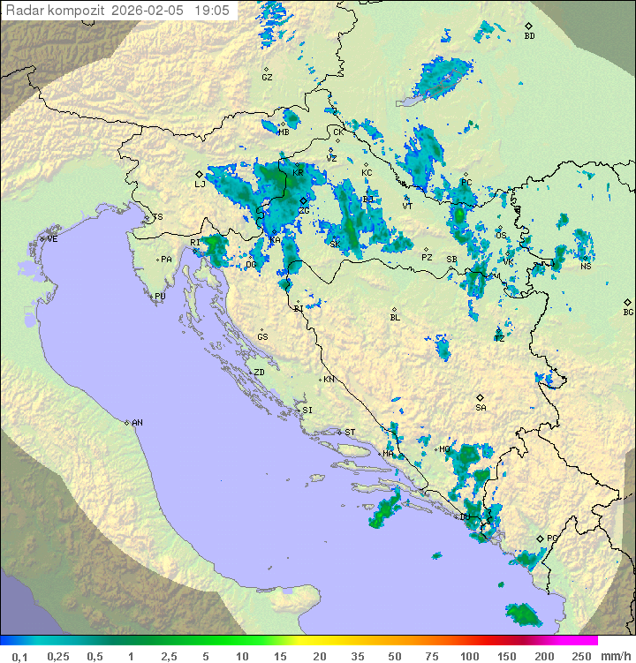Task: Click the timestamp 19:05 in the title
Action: coord(211,11)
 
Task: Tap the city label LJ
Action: coord(200,185)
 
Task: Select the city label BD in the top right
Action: coord(529,36)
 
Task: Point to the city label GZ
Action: coord(267,78)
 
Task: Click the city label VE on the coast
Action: coord(52,239)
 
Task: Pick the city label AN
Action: coord(137,423)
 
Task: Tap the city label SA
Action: coord(481,408)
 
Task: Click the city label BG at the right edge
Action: coord(628,313)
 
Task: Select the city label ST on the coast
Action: coord(350,433)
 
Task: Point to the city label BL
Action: coord(395,318)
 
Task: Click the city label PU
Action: coord(160,297)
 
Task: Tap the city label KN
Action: coord(329,380)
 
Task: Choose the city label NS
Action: coord(586,267)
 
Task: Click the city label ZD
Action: coord(259,373)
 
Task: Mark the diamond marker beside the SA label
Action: coord(481,397)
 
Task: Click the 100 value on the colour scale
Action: coord(469,656)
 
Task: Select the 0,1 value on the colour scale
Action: coord(19,656)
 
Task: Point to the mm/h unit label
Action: coord(615,656)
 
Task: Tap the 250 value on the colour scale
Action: coord(580,656)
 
